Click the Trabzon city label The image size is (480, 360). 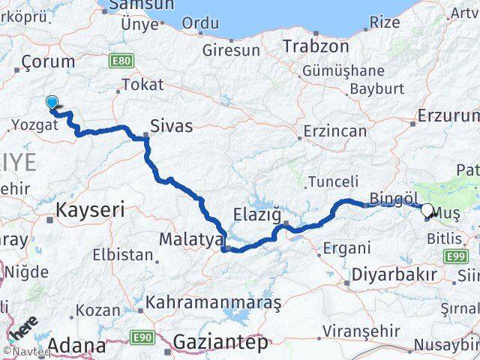[x=316, y=46]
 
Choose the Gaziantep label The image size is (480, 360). [x=220, y=343]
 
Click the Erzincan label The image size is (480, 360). [x=335, y=131]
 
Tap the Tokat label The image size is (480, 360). [x=142, y=85]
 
